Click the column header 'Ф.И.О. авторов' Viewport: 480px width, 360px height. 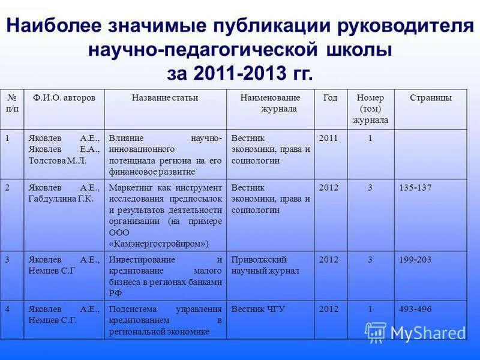64,98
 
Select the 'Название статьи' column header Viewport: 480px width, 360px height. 165,98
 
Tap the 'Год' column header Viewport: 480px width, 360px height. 331,98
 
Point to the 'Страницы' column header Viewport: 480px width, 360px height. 431,98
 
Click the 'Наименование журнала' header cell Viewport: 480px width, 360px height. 270,103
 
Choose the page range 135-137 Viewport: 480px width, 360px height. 415,188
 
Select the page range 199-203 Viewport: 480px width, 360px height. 415,260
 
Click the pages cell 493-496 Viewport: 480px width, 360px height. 415,310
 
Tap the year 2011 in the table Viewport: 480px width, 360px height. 329,138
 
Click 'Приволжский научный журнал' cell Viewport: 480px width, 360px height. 265,265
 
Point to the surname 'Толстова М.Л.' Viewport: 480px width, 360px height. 58,161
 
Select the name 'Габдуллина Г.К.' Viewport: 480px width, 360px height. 61,199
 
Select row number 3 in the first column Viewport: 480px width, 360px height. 7,260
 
